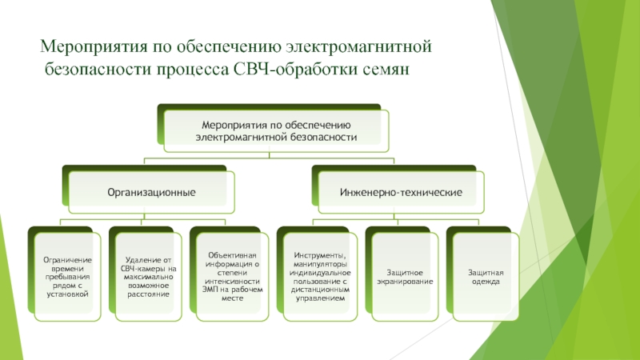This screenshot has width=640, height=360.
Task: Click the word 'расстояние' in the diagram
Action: pos(148,294)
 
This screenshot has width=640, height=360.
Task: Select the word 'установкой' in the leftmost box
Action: pos(68,295)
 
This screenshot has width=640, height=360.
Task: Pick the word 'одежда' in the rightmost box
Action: pos(484,282)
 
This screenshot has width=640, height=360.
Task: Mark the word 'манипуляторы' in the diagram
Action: pos(319,264)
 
